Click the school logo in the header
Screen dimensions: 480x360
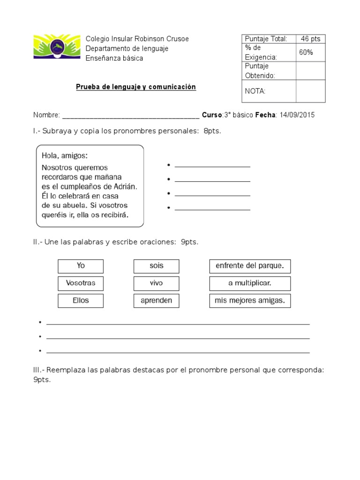(x=57, y=46)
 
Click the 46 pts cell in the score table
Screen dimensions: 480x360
(x=310, y=39)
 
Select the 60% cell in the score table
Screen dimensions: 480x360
(x=306, y=52)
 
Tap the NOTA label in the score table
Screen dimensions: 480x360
(x=255, y=91)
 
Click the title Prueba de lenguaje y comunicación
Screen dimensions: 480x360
(x=136, y=87)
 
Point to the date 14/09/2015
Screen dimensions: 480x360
(x=297, y=115)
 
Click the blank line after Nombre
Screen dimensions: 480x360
(x=131, y=116)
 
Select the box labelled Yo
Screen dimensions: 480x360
(x=81, y=266)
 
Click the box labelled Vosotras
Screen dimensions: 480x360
(x=81, y=284)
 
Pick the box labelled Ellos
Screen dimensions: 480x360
(x=81, y=300)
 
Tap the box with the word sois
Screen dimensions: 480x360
(x=157, y=266)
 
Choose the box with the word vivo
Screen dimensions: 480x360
(x=157, y=284)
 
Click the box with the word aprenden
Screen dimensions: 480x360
(x=157, y=300)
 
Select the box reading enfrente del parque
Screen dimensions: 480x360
(x=250, y=266)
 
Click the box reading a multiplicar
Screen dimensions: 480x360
(x=250, y=284)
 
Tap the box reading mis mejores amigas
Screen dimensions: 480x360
(x=250, y=300)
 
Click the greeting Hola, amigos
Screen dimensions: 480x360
(x=65, y=155)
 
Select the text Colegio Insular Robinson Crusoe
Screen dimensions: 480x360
(x=137, y=39)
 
